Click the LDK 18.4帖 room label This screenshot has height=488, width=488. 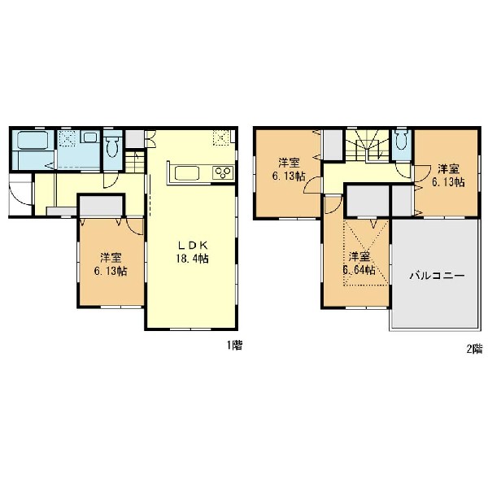[192, 252]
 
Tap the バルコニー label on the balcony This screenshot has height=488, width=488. [437, 276]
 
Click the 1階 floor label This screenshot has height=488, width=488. [234, 345]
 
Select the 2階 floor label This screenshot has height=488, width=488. [474, 349]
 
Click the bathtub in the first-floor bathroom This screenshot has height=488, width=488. [33, 141]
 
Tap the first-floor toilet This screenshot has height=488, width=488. [112, 147]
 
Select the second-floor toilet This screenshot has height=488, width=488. [402, 140]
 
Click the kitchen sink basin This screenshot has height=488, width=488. [187, 173]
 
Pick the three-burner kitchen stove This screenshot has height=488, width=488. [223, 172]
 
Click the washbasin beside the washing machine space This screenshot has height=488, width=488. [90, 137]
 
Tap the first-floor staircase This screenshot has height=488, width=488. [135, 162]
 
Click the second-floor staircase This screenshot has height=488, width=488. [368, 146]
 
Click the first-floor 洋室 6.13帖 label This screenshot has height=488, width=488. [111, 264]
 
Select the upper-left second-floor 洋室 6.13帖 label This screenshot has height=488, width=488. [289, 170]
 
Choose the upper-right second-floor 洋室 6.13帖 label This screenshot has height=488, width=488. [448, 176]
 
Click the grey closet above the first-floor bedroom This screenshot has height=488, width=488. [101, 206]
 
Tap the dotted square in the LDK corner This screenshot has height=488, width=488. [221, 138]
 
